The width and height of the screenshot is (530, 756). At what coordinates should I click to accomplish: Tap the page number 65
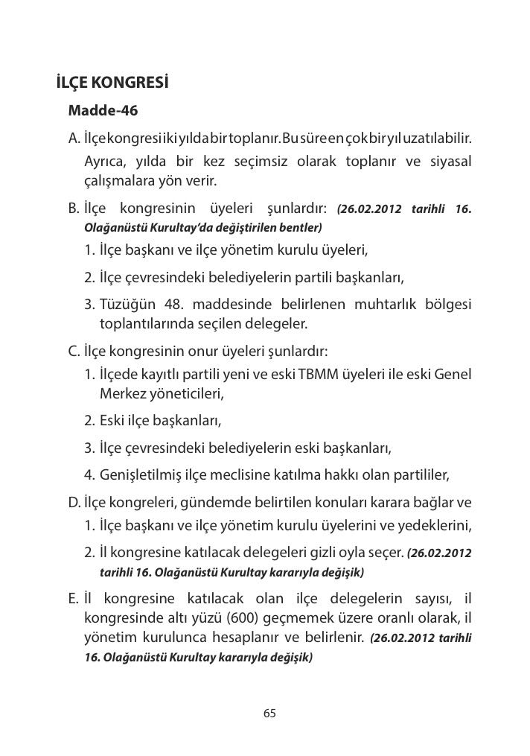[x=269, y=714]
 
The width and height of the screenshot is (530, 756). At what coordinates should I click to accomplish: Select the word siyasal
[x=449, y=162]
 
